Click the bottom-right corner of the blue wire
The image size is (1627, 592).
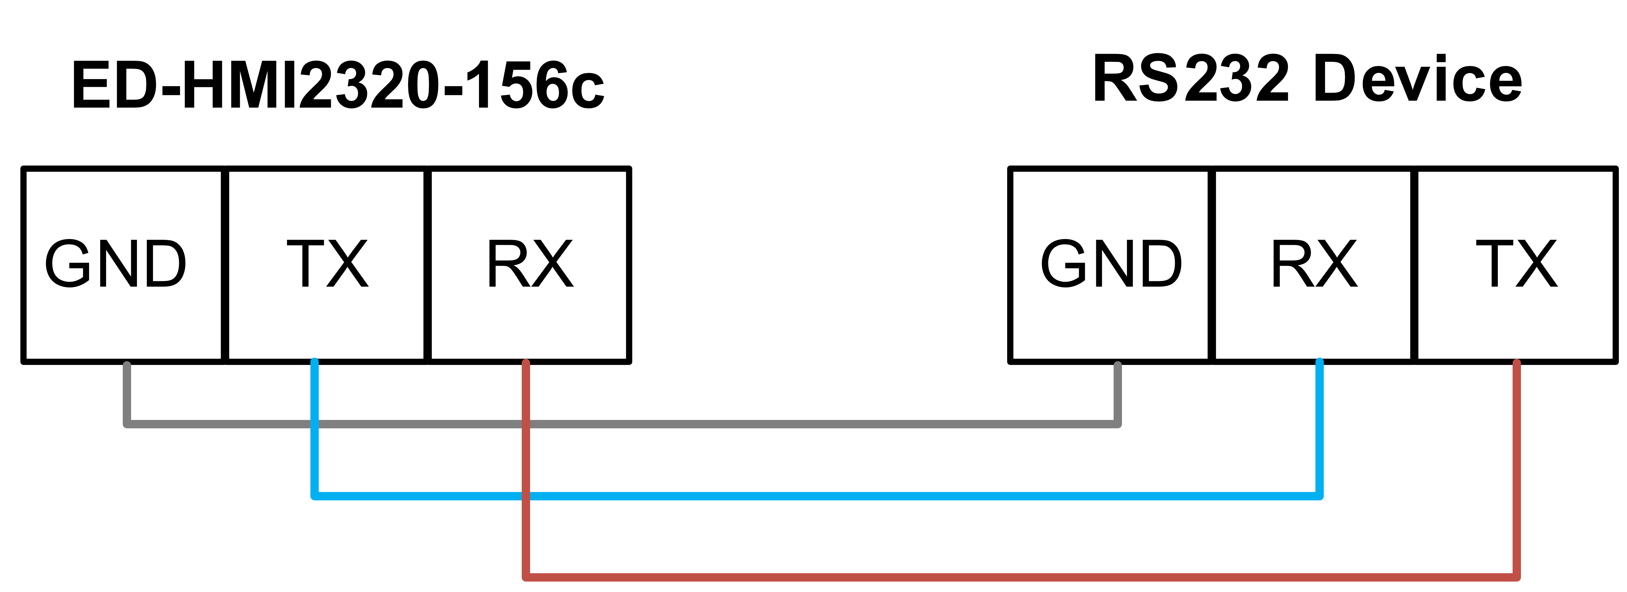1319,496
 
